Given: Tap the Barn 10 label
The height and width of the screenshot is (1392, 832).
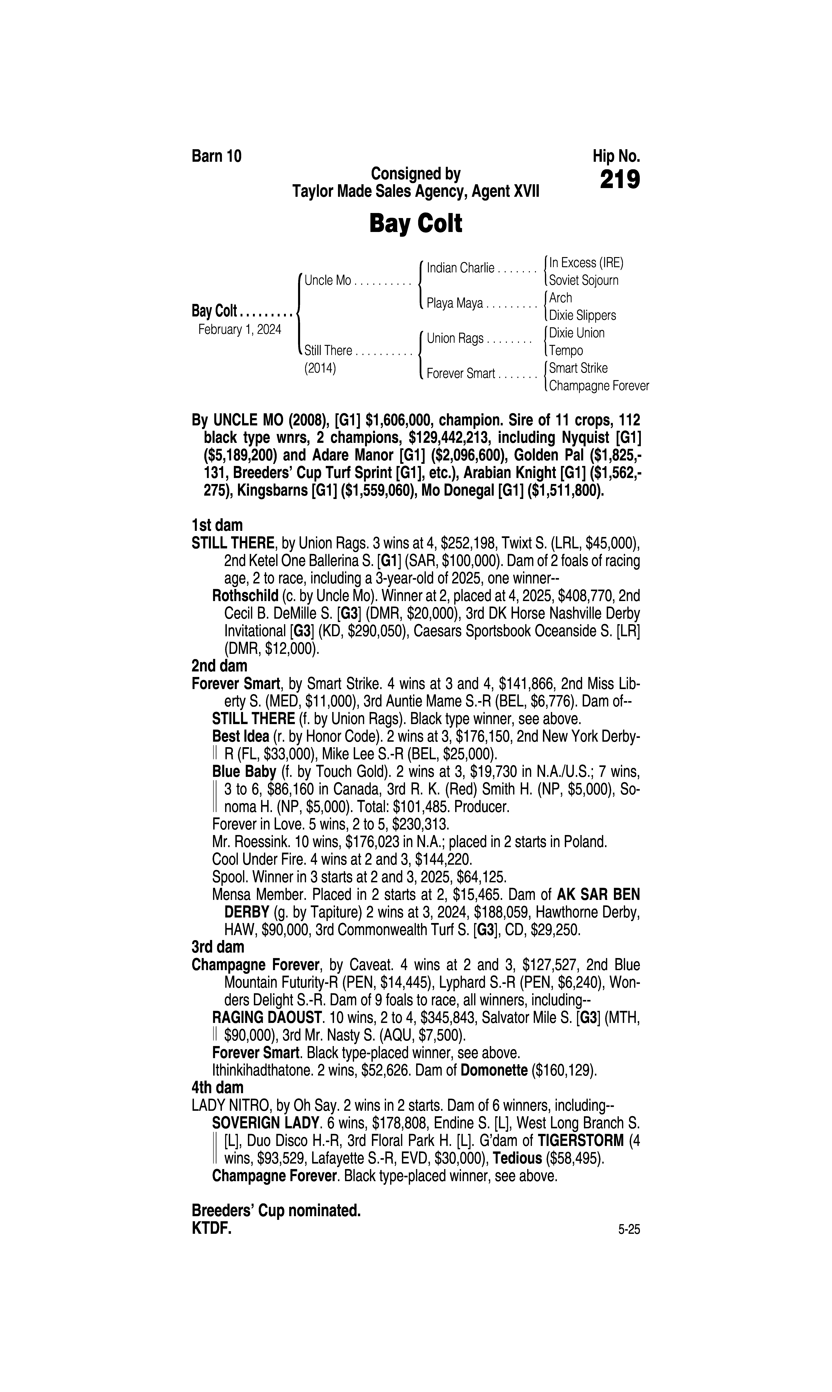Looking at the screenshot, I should coord(216,157).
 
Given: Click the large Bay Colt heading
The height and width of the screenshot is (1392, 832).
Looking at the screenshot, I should coord(415,224).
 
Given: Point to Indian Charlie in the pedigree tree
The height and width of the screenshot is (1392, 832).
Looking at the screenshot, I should coord(460,268).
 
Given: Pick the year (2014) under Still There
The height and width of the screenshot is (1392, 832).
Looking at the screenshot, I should coord(320,369).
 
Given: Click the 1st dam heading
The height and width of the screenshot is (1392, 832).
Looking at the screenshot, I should coord(217,525).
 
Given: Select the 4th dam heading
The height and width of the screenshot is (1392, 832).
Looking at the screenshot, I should coord(217,1088).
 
